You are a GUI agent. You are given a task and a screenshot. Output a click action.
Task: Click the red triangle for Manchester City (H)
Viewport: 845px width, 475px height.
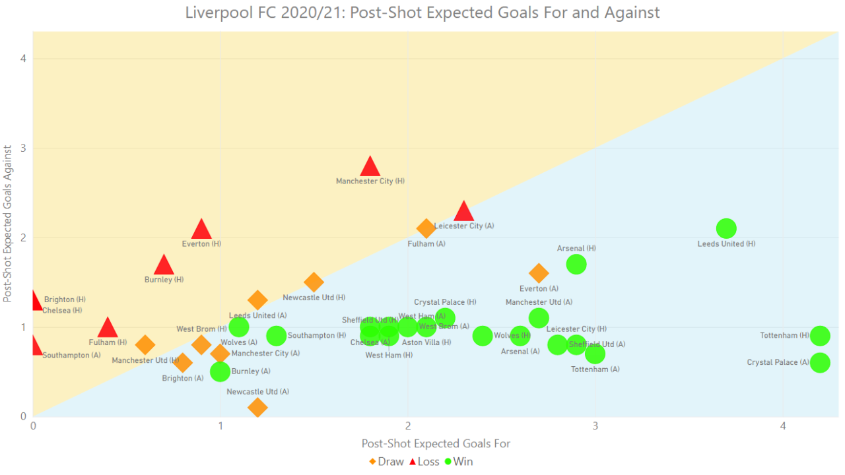coord(370,167)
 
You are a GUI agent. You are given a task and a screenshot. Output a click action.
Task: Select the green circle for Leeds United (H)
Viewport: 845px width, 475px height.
coord(726,228)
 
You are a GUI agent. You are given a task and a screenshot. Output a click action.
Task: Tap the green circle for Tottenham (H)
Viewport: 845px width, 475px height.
coord(820,336)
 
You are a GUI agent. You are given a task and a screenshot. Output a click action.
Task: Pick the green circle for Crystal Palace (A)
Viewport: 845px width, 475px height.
coord(820,362)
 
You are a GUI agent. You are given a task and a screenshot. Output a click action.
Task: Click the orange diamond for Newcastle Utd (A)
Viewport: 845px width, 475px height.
coord(257,407)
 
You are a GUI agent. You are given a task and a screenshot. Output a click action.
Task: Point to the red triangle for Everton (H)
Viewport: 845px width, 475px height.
coord(201,230)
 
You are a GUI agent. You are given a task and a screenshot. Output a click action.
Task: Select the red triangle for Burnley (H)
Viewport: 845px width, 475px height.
coord(164,265)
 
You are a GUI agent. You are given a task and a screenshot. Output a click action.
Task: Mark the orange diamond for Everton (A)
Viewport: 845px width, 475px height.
coord(539,273)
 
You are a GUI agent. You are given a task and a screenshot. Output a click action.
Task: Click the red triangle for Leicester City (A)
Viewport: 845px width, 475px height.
coord(463,212)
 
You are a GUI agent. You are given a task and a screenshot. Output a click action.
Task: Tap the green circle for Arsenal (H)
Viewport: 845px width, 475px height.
coord(576,264)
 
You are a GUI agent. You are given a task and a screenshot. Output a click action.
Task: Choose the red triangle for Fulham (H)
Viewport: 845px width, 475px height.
coord(108,328)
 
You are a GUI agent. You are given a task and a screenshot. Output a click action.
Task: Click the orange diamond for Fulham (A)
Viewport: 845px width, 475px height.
coord(426,228)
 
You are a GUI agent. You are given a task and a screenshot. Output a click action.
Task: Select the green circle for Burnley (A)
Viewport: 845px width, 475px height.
coord(220,371)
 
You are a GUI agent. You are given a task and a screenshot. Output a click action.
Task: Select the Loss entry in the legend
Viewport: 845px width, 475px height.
coord(424,462)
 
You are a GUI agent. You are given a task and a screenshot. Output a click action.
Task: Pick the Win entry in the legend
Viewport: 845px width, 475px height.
coord(459,462)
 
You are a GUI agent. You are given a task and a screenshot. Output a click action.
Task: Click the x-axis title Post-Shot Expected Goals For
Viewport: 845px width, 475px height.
coord(436,444)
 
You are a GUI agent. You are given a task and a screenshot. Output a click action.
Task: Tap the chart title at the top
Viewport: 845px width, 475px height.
coord(422,13)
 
